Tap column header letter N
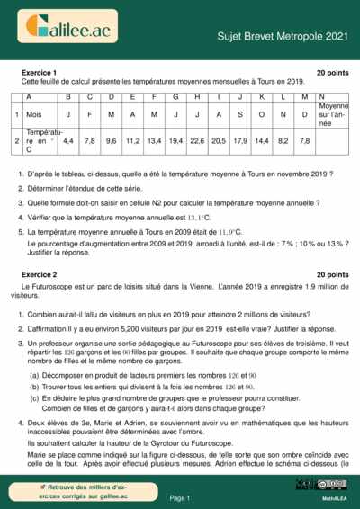[x=322, y=95]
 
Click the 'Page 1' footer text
[x=180, y=497]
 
